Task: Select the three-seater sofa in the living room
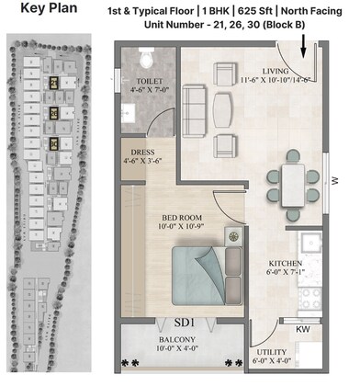tap(194, 97)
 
